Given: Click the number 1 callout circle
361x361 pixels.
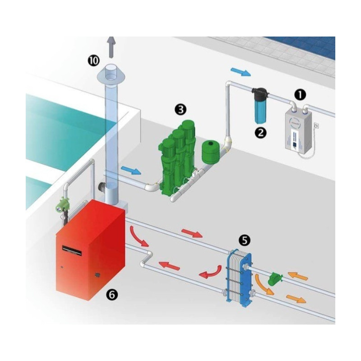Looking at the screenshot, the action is (x=300, y=95).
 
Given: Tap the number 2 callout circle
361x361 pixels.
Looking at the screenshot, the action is (x=261, y=133).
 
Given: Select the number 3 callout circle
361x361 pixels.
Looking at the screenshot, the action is (x=180, y=109).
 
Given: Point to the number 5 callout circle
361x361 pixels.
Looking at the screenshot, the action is (x=244, y=240).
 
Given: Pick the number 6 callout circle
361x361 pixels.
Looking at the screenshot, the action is (x=112, y=294).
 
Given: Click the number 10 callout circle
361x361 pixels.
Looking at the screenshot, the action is (x=93, y=60).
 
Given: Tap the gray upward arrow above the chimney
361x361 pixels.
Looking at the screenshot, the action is (x=111, y=47).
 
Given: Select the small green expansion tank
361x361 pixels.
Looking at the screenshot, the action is (x=210, y=151).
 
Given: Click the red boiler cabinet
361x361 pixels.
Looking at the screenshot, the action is (x=91, y=250).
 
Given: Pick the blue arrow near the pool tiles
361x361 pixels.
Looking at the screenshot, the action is (x=241, y=72).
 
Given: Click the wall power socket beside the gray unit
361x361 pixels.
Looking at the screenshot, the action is (x=317, y=126).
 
